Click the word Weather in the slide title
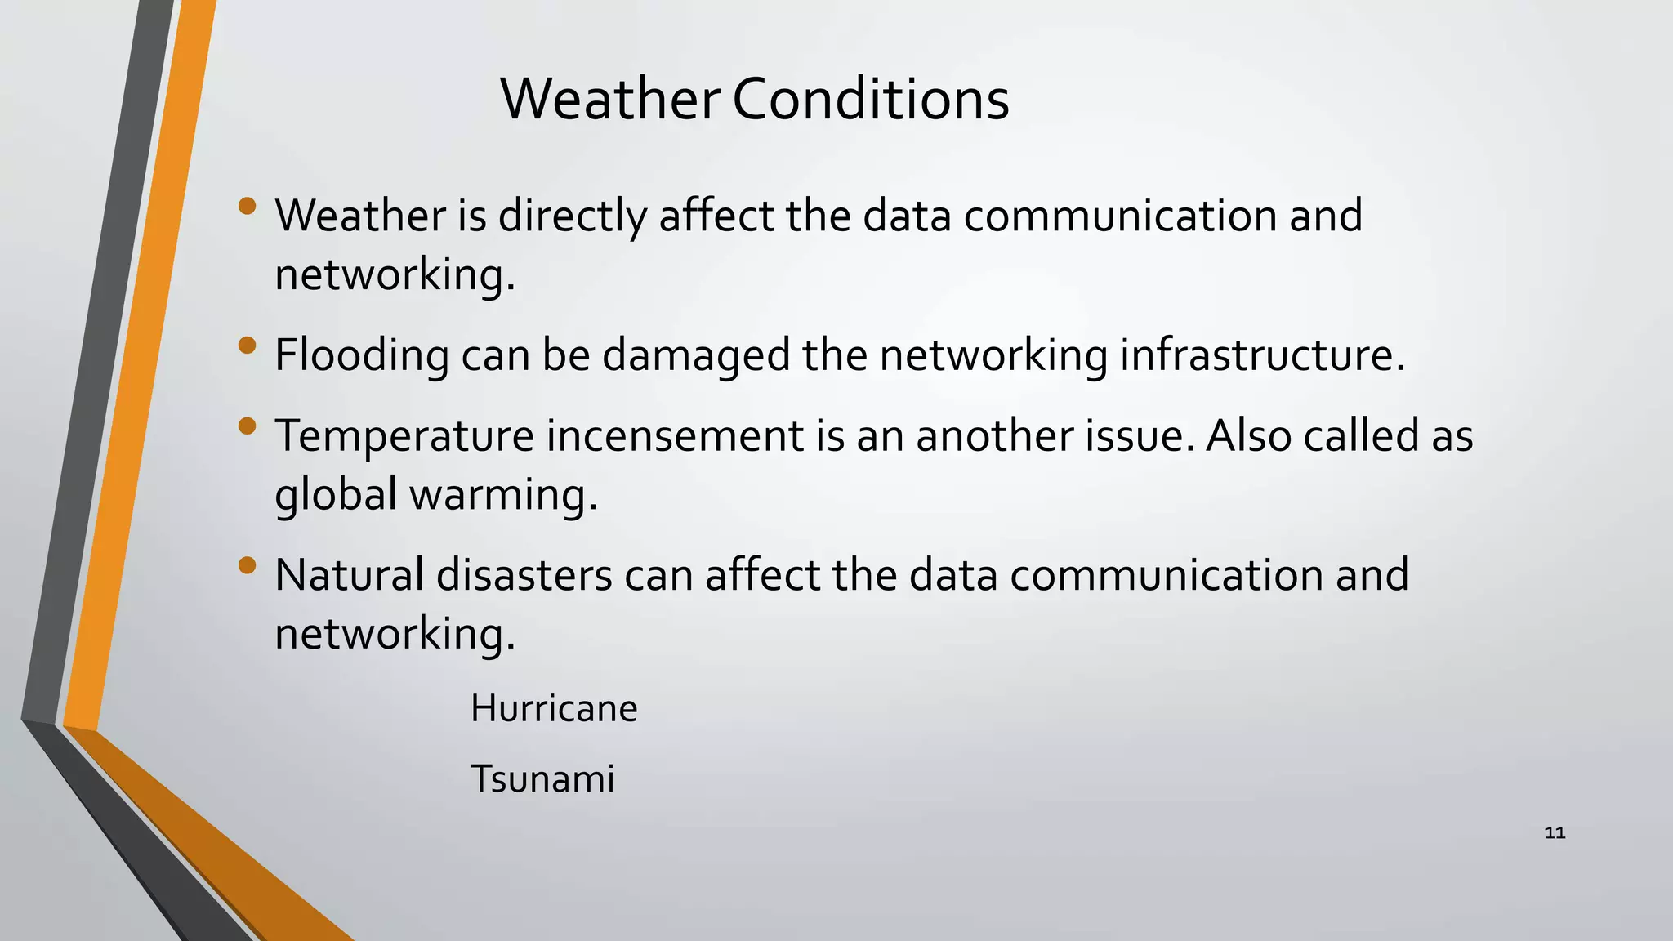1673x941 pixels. [x=609, y=100]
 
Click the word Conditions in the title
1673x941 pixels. [x=871, y=100]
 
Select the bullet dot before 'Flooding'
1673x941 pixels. [x=248, y=346]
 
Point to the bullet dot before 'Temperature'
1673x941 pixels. [x=248, y=426]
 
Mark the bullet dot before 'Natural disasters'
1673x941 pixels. [x=248, y=565]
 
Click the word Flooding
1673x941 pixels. [x=362, y=355]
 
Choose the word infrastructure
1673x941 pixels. [x=1262, y=355]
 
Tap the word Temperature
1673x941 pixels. [x=404, y=435]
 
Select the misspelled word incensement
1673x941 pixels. [x=675, y=435]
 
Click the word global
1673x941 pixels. [x=336, y=494]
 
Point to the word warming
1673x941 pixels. [x=503, y=494]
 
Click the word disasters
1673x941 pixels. [x=524, y=575]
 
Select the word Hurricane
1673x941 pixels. [x=554, y=708]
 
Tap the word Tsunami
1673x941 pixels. [x=542, y=778]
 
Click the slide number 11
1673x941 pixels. [x=1555, y=833]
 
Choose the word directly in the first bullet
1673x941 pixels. [x=572, y=216]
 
